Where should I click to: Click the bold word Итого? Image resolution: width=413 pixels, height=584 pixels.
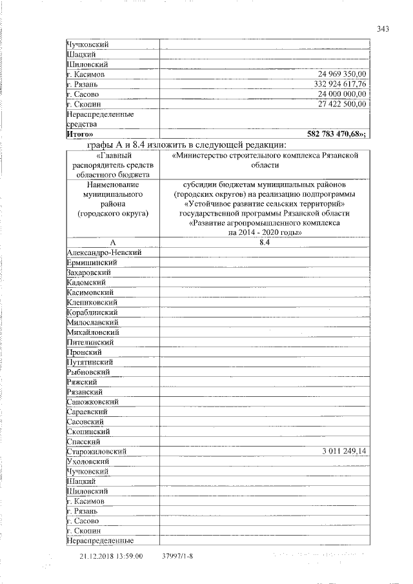(x=78, y=134)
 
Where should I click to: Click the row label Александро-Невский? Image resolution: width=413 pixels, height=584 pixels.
(x=103, y=252)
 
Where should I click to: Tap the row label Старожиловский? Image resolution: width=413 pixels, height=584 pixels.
(x=96, y=451)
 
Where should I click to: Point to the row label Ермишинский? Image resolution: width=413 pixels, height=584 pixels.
(x=92, y=263)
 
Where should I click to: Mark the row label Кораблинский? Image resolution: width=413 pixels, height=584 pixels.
(x=92, y=312)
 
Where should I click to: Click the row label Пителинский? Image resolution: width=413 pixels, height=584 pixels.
(x=90, y=342)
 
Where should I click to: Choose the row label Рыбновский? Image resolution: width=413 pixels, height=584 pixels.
(x=88, y=372)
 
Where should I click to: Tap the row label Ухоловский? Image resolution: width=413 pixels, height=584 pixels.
(x=88, y=461)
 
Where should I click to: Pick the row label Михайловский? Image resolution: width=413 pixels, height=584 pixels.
(x=92, y=332)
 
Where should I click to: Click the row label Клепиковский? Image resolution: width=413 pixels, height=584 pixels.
(x=92, y=302)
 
